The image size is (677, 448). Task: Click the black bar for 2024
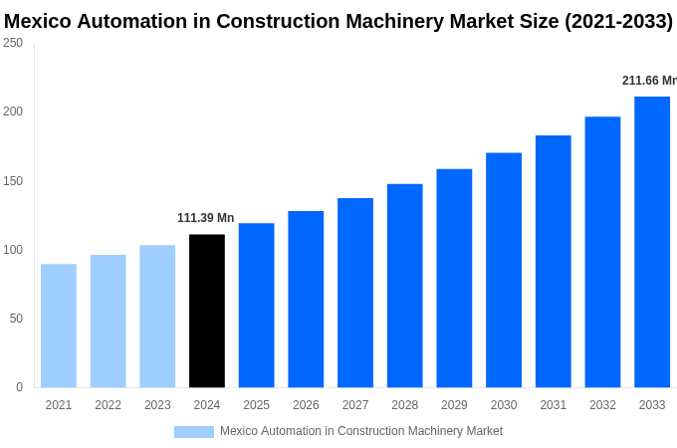[x=207, y=311]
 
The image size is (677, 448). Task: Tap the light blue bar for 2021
[x=59, y=326]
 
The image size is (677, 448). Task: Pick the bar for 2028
[x=405, y=286]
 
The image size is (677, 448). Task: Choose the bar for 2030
[x=504, y=270]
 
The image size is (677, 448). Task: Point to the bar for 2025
[x=256, y=305]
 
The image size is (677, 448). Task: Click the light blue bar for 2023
[x=157, y=317]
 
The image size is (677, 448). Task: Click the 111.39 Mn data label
[x=205, y=218]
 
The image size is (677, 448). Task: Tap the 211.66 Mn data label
[x=649, y=81]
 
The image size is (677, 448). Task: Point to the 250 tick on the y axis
[x=13, y=43]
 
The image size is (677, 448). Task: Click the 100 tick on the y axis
[x=13, y=250]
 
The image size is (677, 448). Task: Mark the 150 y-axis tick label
[x=13, y=181]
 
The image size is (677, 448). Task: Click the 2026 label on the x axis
[x=306, y=405]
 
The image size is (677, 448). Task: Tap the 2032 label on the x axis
[x=602, y=405]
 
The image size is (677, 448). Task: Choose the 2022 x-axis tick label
[x=108, y=405]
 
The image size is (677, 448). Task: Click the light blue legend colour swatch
[x=193, y=432]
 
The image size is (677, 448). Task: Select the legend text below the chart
[x=360, y=431]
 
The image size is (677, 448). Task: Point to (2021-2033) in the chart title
[x=618, y=21]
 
